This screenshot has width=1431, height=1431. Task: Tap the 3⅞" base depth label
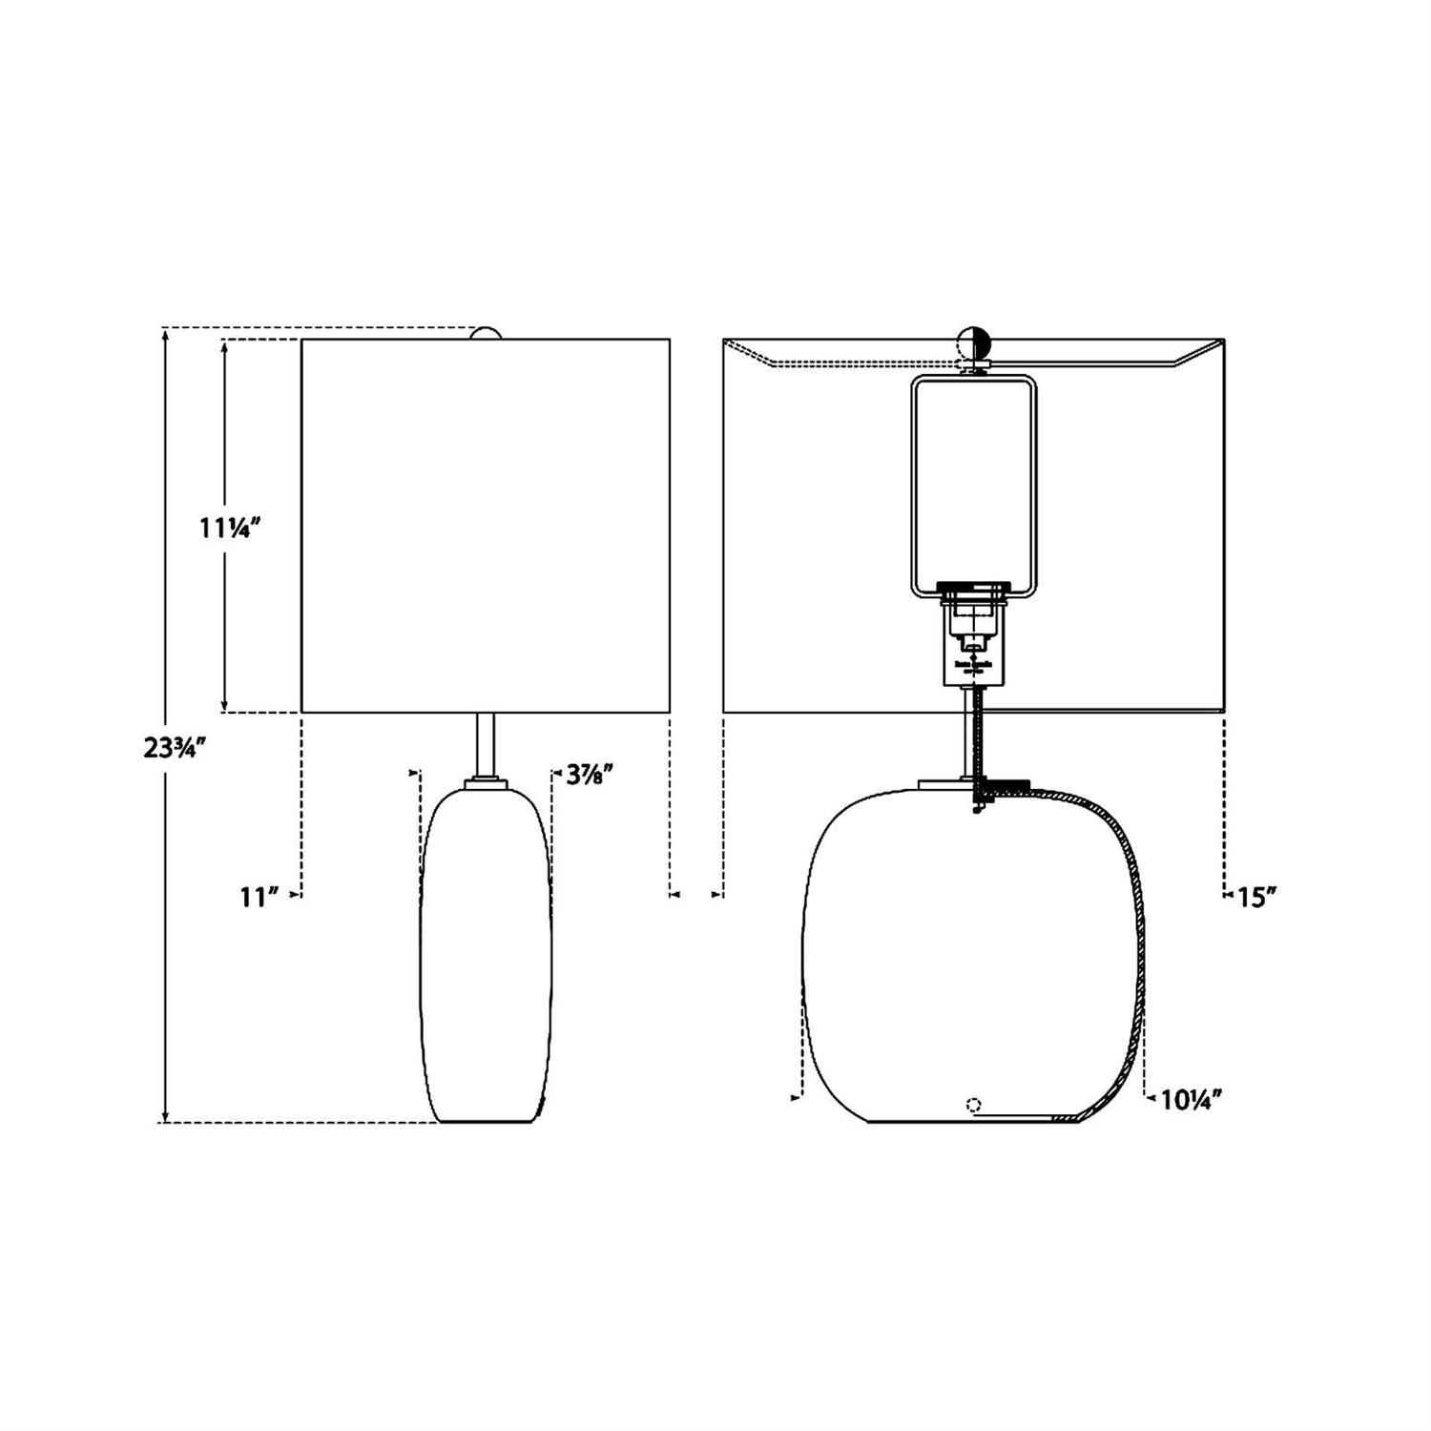coord(588,774)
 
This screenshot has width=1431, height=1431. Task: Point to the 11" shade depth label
coord(259,897)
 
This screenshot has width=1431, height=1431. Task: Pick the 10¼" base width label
coord(1192,1100)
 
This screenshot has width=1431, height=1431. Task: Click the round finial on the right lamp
coord(973,341)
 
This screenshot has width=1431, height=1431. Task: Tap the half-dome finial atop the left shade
coord(486,333)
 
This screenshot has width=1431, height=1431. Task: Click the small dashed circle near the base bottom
coord(973,1106)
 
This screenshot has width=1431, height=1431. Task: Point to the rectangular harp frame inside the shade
coord(973,487)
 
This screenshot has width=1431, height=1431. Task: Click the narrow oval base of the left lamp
coord(486,954)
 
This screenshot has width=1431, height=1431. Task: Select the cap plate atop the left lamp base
coord(486,783)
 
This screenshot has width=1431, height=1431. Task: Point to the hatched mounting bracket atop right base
coord(1002,787)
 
